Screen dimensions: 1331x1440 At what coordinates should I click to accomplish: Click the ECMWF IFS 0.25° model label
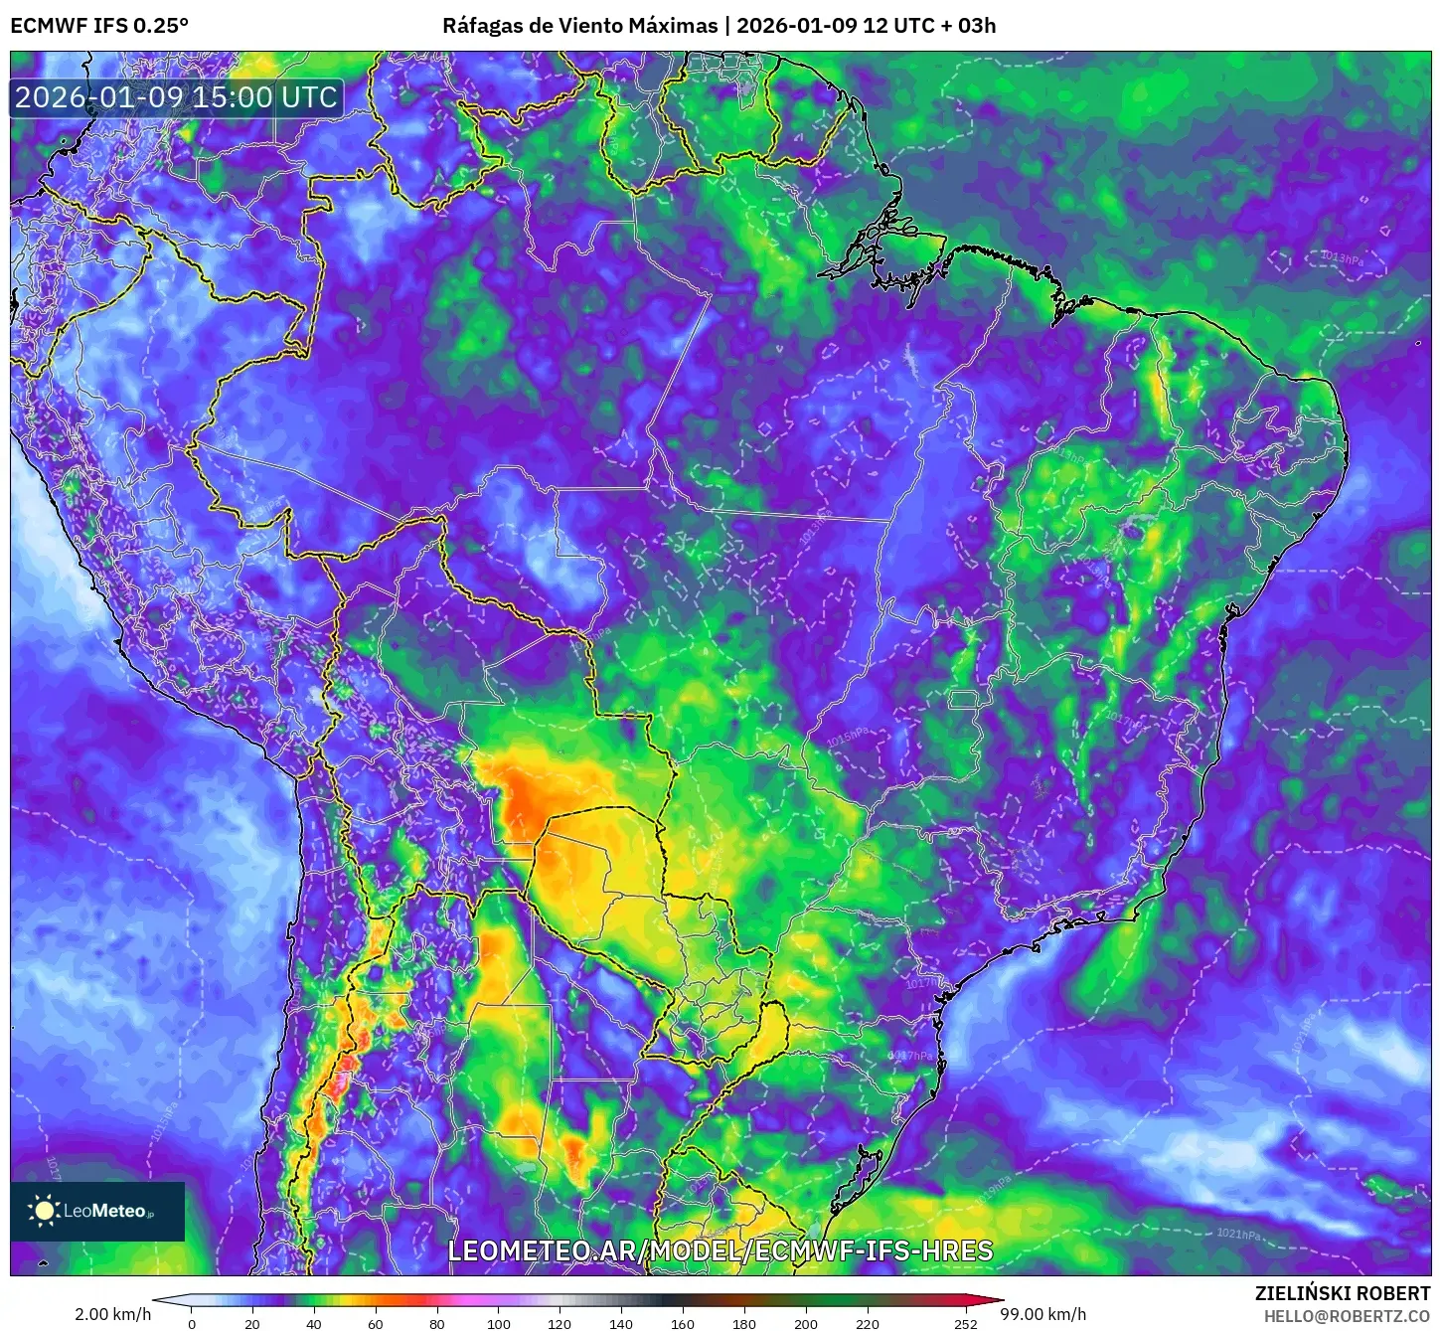pos(99,25)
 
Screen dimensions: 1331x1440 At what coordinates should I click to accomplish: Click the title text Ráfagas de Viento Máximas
pos(580,25)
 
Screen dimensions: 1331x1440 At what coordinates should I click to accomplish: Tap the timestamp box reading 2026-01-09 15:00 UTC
pos(176,97)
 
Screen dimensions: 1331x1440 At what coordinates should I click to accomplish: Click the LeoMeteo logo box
pos(97,1211)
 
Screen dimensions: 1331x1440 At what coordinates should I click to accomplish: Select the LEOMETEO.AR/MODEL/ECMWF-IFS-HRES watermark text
pos(720,1250)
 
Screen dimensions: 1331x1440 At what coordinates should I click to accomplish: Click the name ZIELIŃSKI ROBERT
pos(1343,1293)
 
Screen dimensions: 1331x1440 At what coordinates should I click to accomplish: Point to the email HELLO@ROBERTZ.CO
pos(1347,1316)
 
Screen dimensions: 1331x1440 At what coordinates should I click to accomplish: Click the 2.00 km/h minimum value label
pos(113,1314)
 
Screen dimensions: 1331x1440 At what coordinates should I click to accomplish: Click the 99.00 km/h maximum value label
pos(1042,1314)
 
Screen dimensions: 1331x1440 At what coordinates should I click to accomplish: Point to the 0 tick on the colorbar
pos(192,1324)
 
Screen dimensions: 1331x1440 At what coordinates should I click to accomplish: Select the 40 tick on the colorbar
pos(314,1324)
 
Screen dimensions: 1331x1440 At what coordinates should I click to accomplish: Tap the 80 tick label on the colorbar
pos(437,1324)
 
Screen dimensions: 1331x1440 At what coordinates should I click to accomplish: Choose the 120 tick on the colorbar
pos(560,1324)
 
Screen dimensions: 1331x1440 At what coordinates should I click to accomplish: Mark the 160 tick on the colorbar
pos(683,1324)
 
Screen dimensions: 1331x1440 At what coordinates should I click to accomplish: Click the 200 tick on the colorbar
pos(806,1324)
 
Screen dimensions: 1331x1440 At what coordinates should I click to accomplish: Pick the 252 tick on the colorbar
pos(965,1324)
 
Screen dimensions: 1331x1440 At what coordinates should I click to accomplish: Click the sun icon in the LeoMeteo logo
pos(45,1210)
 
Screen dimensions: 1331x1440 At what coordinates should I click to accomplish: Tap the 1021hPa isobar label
pos(1238,1235)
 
